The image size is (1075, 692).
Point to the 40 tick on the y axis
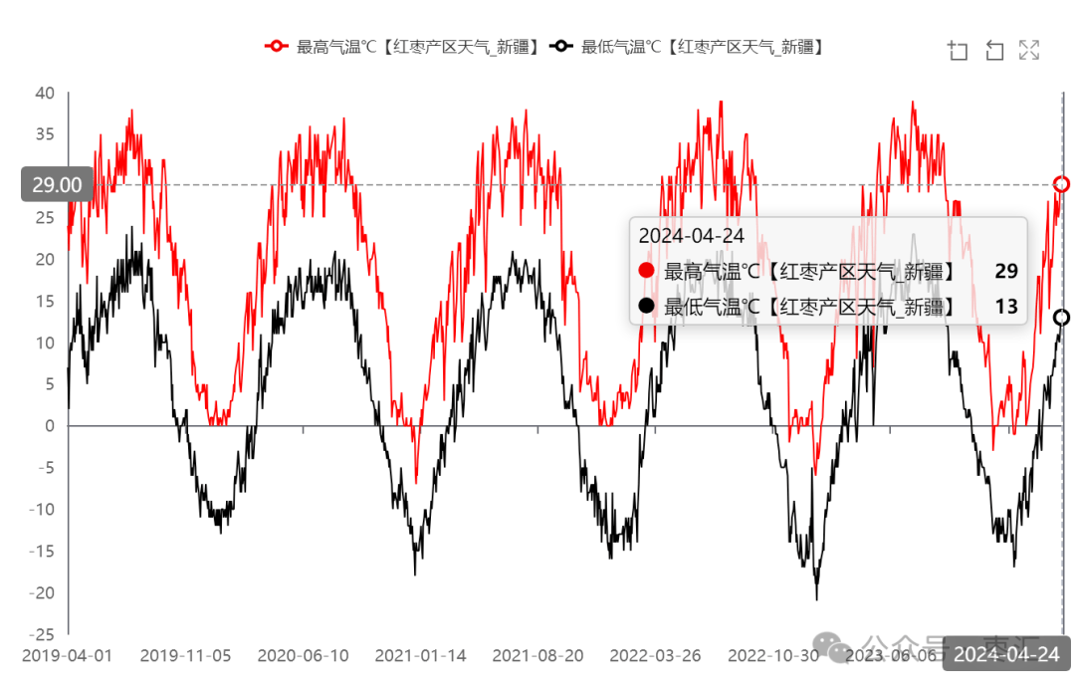coord(45,93)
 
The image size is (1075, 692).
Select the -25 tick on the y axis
coord(41,634)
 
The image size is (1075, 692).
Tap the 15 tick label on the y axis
coord(45,301)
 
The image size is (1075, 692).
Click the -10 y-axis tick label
coord(41,510)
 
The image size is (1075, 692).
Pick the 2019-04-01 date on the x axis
coord(67,656)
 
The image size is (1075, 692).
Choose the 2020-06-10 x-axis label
coord(303,656)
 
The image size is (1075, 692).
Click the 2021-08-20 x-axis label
coord(537,656)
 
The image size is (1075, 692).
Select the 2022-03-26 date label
coord(655,656)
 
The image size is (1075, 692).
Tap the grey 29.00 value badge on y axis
coord(57,184)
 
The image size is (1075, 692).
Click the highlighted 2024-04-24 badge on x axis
coord(1006,654)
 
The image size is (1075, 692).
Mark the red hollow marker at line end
coord(1062,184)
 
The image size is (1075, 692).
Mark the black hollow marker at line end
coord(1062,318)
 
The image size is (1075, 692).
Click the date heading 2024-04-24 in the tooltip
coord(692,236)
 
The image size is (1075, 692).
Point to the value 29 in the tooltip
coord(1005,271)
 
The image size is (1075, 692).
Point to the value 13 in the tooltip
coord(1005,307)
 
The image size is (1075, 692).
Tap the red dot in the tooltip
coord(647,271)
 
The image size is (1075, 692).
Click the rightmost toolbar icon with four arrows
coord(1029,50)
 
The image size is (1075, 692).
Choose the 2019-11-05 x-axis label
coord(185,656)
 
